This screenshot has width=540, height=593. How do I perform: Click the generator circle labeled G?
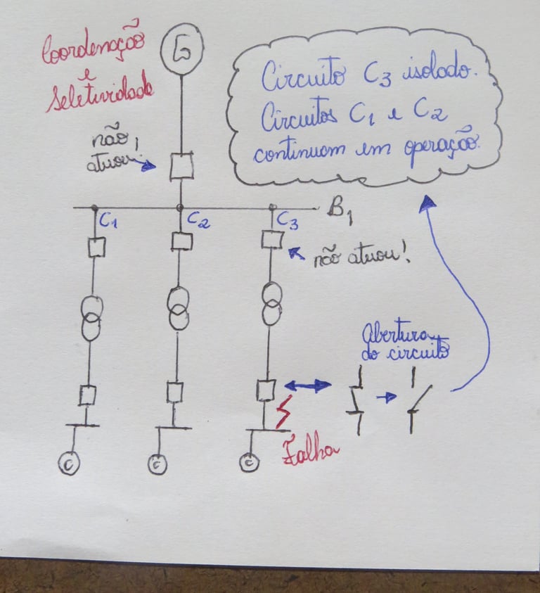181,51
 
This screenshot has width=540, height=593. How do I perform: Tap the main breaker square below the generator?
181,167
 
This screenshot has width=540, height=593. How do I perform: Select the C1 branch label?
108,222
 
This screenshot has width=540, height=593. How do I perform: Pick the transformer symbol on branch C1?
91,318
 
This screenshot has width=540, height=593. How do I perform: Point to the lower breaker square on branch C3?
265,389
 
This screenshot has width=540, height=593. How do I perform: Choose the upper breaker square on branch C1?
96,247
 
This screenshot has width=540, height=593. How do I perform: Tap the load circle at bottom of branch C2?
156,464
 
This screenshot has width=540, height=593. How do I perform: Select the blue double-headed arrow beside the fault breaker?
307,385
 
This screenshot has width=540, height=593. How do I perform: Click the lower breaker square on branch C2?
174,391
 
